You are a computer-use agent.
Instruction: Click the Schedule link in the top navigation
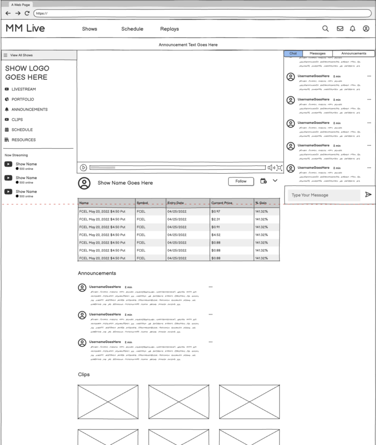(x=132, y=29)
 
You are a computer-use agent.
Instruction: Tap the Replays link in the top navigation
(x=169, y=29)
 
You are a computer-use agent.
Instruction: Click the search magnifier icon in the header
(x=325, y=29)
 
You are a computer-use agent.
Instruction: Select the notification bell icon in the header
(x=352, y=29)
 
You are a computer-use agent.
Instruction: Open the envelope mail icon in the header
(x=340, y=29)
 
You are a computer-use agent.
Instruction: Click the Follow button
(x=241, y=181)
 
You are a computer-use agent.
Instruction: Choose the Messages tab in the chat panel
(x=317, y=53)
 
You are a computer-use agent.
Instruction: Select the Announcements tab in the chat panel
(x=353, y=53)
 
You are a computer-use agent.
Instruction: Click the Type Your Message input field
(x=324, y=195)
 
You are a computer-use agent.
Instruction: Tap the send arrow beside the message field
(x=368, y=195)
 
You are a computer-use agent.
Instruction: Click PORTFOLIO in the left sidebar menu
(x=23, y=99)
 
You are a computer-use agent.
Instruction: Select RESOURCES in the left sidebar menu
(x=23, y=140)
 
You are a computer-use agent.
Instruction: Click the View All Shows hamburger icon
(x=5, y=55)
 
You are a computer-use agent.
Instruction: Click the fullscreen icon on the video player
(x=279, y=168)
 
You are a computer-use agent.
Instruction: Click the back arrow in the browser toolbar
(x=8, y=13)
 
